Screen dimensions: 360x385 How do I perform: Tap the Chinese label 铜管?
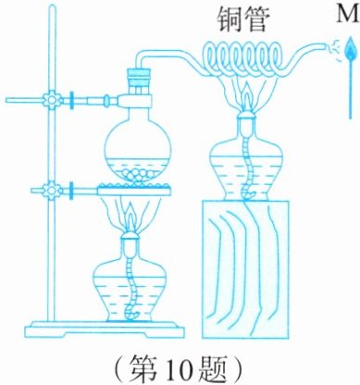(242, 19)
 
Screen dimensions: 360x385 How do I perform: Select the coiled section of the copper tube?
(243, 59)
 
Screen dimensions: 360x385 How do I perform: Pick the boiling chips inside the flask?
(138, 175)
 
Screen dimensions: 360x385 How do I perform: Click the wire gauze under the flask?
(134, 189)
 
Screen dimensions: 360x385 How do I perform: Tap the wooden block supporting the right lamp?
(245, 269)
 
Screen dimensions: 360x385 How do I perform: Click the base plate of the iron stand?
(105, 329)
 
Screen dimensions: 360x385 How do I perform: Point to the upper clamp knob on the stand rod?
(50, 100)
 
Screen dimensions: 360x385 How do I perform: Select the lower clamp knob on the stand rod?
(50, 190)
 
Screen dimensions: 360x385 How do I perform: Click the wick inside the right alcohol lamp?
(247, 167)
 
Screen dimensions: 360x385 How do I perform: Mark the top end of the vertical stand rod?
(53, 7)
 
